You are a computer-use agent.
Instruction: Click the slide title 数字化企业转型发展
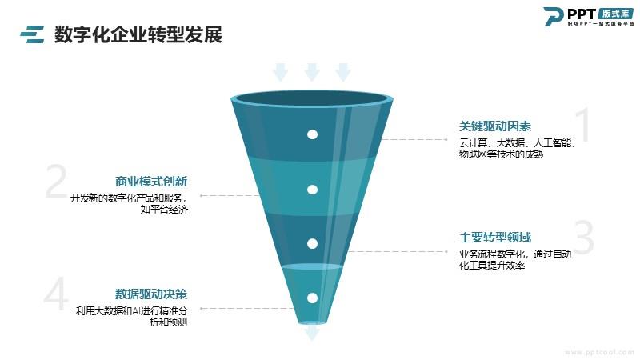click(138, 34)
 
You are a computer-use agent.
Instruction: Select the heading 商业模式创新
click(151, 181)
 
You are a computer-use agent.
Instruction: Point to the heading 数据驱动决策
click(151, 294)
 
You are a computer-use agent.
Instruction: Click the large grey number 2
click(55, 183)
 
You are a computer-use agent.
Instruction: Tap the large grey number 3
click(585, 238)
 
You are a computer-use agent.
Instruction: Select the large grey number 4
click(55, 296)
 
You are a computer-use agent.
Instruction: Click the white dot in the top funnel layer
click(313, 134)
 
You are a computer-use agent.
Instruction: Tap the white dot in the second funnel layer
click(313, 190)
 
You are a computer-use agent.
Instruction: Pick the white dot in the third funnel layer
click(313, 243)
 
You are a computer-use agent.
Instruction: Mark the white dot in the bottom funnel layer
click(313, 298)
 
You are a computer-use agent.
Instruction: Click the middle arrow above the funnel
click(312, 72)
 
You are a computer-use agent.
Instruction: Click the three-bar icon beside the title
click(32, 34)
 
